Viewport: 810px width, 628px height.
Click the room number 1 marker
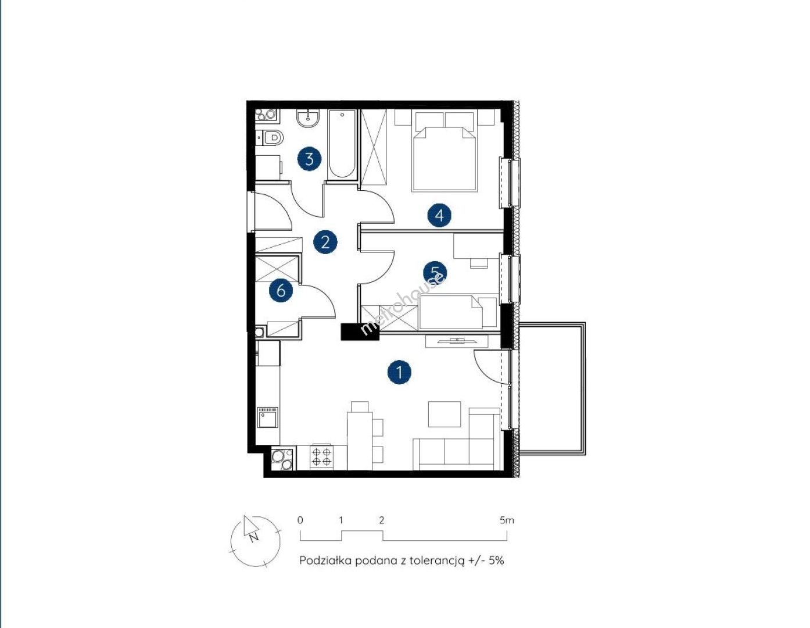pos(399,372)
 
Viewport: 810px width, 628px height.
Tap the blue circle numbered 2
pos(325,242)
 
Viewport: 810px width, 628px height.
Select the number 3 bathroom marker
pos(309,159)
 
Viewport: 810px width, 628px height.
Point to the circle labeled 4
pos(439,215)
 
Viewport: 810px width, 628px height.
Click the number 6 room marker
pos(281,290)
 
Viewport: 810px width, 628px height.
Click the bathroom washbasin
pos(309,119)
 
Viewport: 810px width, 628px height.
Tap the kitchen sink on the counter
pos(268,417)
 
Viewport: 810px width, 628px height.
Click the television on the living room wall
pos(457,340)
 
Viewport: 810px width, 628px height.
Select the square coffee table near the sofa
pos(445,414)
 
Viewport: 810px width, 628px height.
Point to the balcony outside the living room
pos(552,388)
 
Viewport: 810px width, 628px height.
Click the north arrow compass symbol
pos(255,541)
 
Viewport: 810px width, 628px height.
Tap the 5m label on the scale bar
pos(507,520)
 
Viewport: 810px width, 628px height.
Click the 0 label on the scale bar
pos(300,520)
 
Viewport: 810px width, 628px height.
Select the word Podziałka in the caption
pos(325,560)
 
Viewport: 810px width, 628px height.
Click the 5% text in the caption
pos(496,560)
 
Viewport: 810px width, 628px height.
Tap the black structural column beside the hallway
pos(360,331)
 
